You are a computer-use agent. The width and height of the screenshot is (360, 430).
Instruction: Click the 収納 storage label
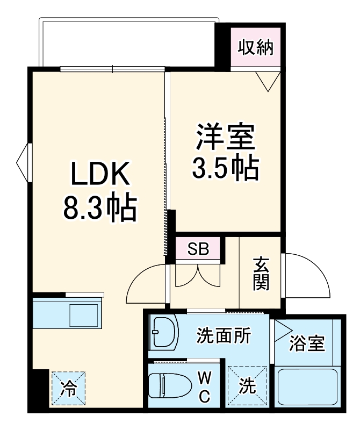coord(256,48)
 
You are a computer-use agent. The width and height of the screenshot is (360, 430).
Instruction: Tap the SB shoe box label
coord(198,249)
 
